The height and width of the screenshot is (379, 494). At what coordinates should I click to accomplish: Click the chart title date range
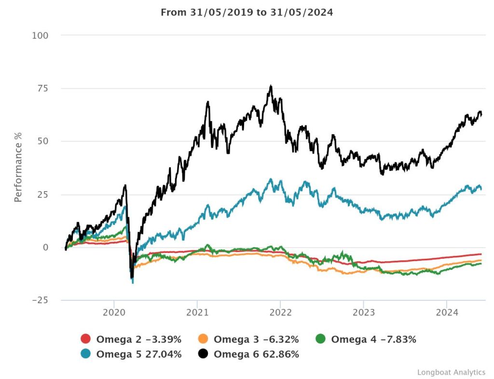click(x=247, y=12)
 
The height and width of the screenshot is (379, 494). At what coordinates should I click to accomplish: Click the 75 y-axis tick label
click(x=44, y=88)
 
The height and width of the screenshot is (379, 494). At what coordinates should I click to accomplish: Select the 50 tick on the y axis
click(x=44, y=141)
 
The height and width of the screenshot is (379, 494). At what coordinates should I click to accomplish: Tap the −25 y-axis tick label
click(x=40, y=300)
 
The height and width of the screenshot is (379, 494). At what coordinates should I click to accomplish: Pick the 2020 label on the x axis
click(x=114, y=312)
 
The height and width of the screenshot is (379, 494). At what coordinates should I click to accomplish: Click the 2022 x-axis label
click(x=280, y=312)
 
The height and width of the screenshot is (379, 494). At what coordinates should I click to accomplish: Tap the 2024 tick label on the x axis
click(x=447, y=312)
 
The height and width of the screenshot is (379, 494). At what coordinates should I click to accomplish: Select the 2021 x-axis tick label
click(x=197, y=312)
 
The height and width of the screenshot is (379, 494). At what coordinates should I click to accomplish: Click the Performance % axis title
click(x=18, y=167)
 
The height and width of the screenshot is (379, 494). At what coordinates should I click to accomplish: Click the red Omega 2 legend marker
click(x=85, y=339)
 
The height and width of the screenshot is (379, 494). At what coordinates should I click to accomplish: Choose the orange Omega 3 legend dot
click(x=203, y=339)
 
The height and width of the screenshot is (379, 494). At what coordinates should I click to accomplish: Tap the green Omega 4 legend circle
click(x=320, y=339)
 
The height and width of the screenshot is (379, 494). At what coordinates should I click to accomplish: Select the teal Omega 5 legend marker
click(x=85, y=354)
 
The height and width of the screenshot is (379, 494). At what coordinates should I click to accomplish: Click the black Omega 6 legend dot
click(x=203, y=354)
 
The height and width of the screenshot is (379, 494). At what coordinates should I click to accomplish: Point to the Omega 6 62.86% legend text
click(x=256, y=354)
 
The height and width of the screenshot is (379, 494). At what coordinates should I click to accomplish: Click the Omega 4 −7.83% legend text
click(x=373, y=339)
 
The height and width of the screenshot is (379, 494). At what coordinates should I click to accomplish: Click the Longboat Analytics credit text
click(x=451, y=372)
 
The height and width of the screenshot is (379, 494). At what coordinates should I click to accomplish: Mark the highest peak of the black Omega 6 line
click(x=271, y=86)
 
